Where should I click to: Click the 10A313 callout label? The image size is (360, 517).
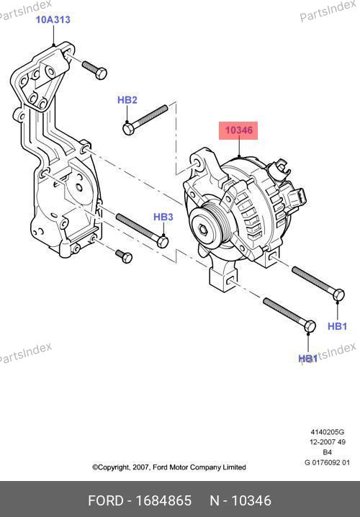(53, 19)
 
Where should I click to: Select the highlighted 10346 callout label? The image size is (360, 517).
(238, 130)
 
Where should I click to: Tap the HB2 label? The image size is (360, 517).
(127, 100)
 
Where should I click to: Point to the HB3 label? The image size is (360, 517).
(163, 217)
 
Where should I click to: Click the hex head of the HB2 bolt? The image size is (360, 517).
(128, 129)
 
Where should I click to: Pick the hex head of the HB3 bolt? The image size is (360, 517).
(163, 242)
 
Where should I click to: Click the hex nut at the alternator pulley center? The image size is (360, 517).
(202, 227)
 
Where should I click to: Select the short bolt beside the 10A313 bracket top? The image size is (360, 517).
(94, 70)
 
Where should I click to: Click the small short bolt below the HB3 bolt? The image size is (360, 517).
(124, 256)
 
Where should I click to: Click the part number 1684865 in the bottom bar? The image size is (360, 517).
(164, 500)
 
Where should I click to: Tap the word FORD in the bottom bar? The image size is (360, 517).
(105, 500)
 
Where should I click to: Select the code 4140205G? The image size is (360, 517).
(328, 432)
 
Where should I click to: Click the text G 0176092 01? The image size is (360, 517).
(328, 462)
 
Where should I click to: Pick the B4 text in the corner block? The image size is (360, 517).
(327, 452)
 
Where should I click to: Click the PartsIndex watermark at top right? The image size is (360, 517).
(328, 12)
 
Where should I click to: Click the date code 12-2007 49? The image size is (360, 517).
(328, 442)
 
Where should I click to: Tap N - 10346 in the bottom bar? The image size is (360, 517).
(240, 500)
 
